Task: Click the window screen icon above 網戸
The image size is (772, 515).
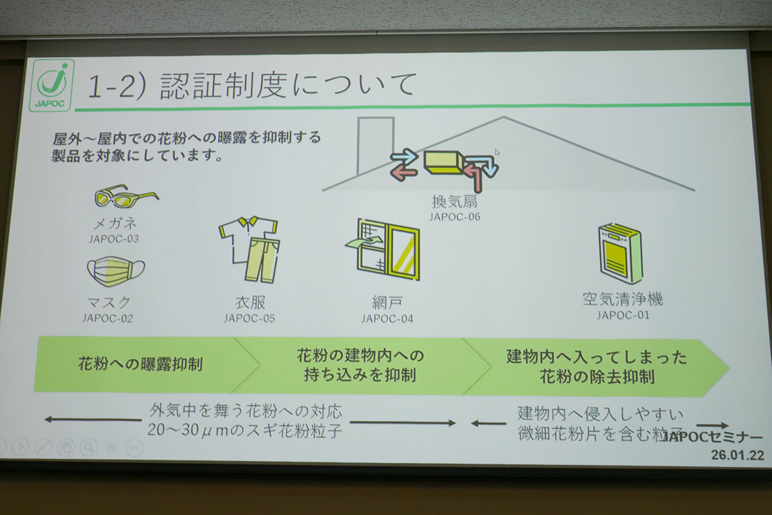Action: tap(384, 250)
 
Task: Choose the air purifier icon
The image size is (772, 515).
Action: tap(620, 253)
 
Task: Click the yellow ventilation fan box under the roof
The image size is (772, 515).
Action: tap(445, 162)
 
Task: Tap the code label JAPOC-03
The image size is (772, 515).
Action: tap(115, 239)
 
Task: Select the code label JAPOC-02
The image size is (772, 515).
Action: tap(107, 317)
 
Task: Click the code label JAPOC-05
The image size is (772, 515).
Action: tap(250, 318)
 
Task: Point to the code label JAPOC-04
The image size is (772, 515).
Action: tap(387, 319)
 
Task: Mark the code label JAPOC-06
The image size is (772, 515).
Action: tap(455, 217)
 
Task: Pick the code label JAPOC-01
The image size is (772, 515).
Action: tap(623, 315)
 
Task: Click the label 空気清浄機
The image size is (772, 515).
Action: tap(623, 299)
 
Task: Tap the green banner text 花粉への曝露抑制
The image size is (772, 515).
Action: tap(140, 364)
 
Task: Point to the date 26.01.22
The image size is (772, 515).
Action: tap(737, 454)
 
